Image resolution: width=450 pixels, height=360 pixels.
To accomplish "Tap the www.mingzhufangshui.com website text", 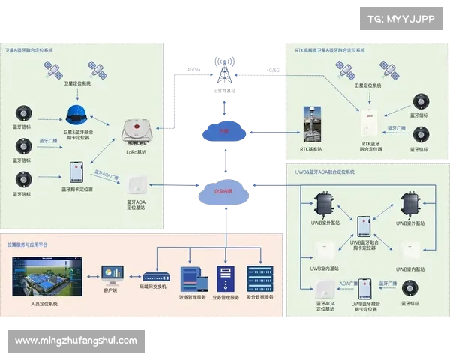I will click(76, 340).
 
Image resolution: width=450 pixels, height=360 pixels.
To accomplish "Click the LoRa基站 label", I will click(136, 152).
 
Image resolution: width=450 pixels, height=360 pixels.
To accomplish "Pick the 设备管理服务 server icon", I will click(189, 278).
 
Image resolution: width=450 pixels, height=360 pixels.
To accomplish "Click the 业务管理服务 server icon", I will click(226, 278).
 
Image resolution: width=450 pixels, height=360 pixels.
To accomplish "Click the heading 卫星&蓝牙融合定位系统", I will click(30, 50).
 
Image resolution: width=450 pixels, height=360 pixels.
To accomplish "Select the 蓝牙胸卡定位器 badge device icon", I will click(76, 172).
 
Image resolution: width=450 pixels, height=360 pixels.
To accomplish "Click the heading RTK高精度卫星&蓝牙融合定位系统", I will click(329, 49).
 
